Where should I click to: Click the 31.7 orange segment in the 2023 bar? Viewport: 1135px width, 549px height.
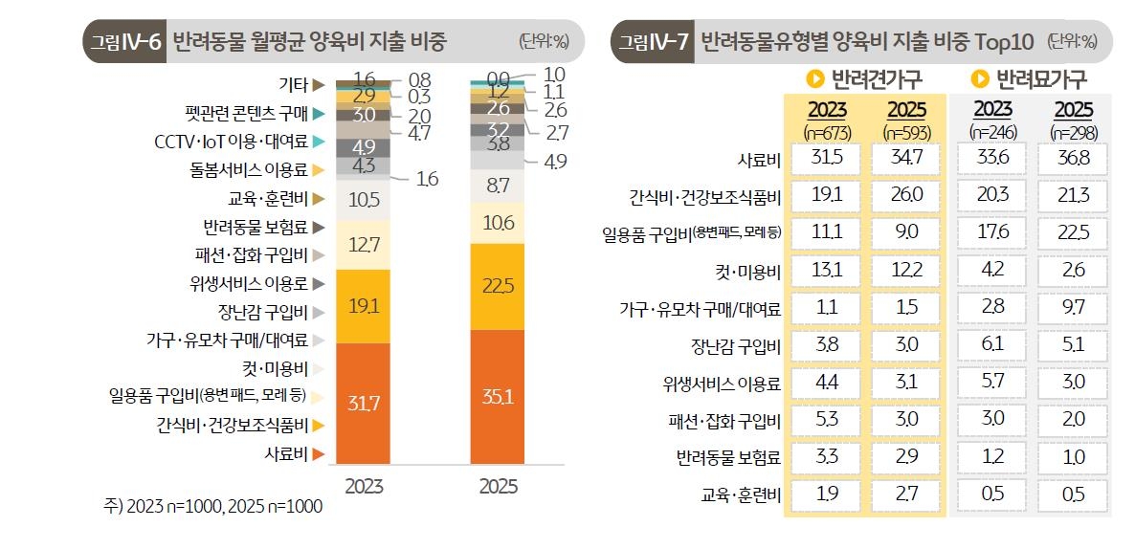tap(364, 404)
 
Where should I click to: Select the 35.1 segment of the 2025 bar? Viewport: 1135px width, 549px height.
tap(498, 396)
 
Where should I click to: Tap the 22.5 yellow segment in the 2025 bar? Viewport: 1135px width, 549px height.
tap(498, 286)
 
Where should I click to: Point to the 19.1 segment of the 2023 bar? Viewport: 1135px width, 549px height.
tap(364, 306)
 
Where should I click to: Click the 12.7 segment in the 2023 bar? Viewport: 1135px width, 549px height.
tap(364, 246)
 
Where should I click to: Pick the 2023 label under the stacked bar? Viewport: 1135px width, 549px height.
tap(364, 486)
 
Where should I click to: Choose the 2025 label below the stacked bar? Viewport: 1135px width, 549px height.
tap(498, 486)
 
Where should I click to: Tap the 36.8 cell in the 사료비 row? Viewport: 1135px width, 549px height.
tap(1072, 159)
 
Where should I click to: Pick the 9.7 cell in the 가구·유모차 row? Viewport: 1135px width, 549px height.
tap(1072, 308)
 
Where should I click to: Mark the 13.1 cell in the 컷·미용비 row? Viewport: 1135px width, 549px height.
tap(826, 271)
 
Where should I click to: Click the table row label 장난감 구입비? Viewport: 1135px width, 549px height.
tap(736, 346)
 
